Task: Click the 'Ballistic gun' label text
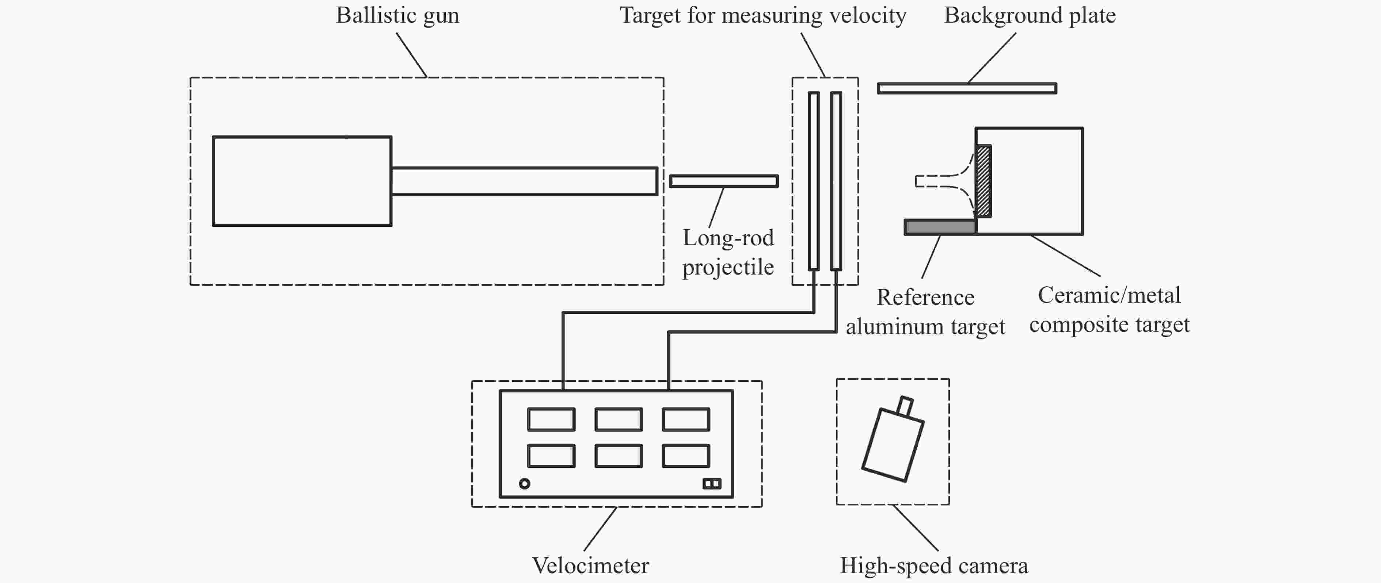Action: (x=397, y=16)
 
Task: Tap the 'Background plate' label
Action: (x=1030, y=16)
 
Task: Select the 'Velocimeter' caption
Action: (x=590, y=566)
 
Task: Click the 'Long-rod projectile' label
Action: (x=728, y=252)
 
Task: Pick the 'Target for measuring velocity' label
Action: (x=763, y=16)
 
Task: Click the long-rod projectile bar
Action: (x=724, y=181)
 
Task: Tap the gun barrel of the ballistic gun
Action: (x=524, y=181)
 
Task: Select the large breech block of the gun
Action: (x=302, y=181)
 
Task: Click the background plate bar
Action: (x=967, y=88)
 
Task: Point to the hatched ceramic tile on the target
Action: (x=983, y=181)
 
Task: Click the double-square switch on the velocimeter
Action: (x=712, y=484)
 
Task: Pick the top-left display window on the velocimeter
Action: (x=551, y=419)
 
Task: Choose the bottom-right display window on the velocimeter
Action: (x=686, y=456)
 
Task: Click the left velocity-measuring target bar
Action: (x=814, y=181)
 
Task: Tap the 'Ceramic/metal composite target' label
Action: (x=1109, y=310)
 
